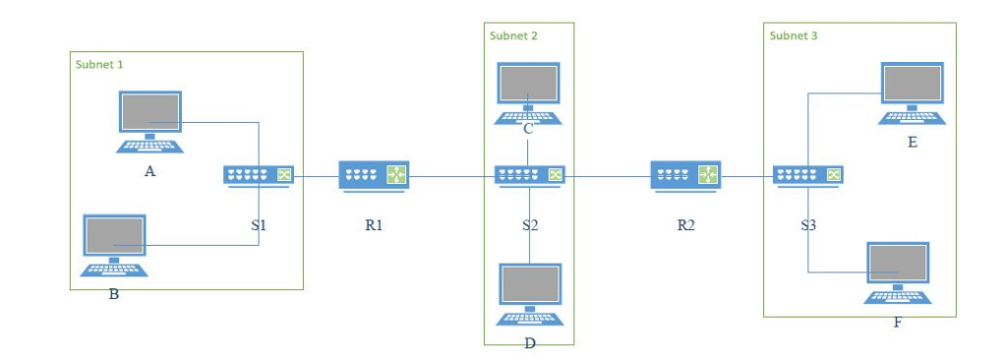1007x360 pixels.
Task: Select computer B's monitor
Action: point(114,236)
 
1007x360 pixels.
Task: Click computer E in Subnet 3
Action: point(911,89)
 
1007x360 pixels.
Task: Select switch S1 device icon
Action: point(259,175)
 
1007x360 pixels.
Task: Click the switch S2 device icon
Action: point(529,175)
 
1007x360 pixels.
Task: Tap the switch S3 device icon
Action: point(807,175)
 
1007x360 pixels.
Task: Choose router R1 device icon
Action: point(374,175)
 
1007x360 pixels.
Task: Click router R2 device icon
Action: point(685,175)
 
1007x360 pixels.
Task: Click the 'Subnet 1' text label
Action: point(99,64)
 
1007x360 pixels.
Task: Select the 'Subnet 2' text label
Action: point(513,35)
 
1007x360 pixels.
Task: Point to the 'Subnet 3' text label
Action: point(794,35)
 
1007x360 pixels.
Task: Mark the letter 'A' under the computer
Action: point(149,170)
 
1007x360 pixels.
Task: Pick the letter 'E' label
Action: point(912,143)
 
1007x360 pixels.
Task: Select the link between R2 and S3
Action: point(746,177)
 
